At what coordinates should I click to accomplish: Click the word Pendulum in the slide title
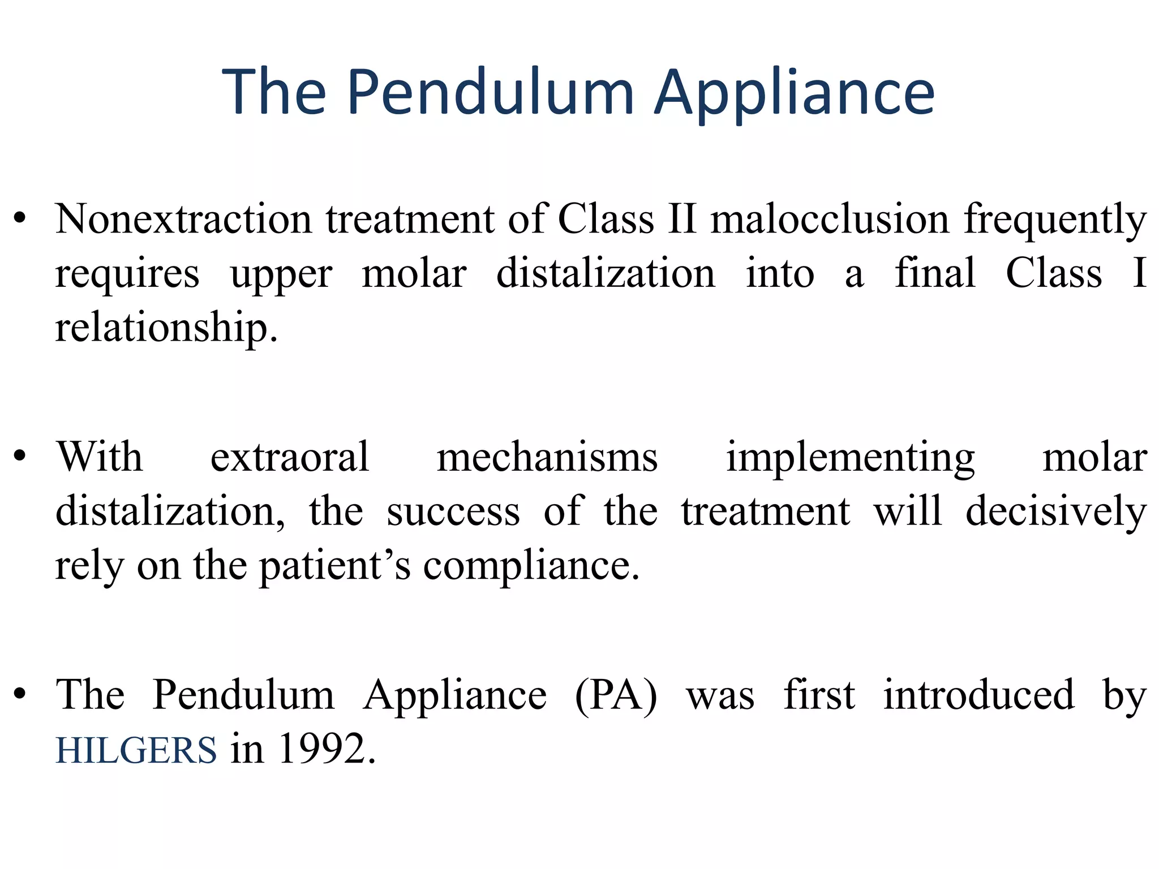[490, 93]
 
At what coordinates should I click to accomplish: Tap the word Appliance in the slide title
[795, 93]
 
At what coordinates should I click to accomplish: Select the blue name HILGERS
[136, 750]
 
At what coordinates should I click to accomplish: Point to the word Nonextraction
[183, 220]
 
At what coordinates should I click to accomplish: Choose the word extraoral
[290, 457]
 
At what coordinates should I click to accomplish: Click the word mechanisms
[547, 457]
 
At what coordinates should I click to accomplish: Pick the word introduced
[978, 695]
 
